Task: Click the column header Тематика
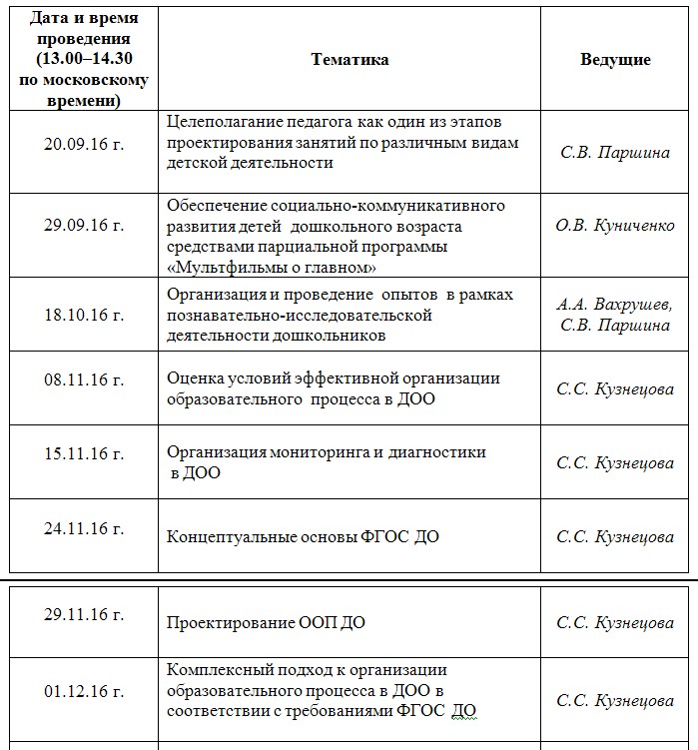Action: tap(349, 60)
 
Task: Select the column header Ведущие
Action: tap(615, 60)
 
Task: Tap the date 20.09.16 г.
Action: tap(84, 143)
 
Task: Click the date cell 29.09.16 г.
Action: tap(84, 226)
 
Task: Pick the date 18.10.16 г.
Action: tap(84, 315)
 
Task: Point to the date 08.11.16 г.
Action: tap(84, 379)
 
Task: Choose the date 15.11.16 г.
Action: tap(84, 453)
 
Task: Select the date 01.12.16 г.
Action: tap(84, 690)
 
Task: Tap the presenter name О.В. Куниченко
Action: tap(615, 226)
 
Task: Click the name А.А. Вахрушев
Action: tap(615, 305)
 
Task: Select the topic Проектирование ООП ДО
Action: tap(266, 623)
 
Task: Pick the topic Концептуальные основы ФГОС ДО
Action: tap(303, 537)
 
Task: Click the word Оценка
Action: tap(193, 378)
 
